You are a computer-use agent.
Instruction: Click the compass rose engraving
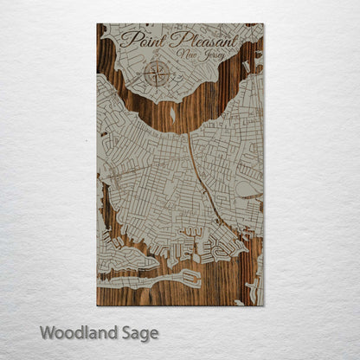click(x=157, y=74)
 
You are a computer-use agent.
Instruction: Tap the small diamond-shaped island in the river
click(x=171, y=112)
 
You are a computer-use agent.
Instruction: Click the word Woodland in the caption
click(x=80, y=332)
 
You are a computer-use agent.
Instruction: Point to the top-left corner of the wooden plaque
click(x=97, y=24)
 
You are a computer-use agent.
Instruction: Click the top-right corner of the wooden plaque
click(x=263, y=24)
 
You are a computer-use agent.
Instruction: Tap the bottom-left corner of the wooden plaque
click(x=97, y=305)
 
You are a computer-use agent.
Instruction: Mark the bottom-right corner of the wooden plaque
click(x=263, y=305)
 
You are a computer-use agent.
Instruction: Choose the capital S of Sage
click(x=126, y=332)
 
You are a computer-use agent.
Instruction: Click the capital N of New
click(x=179, y=55)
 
